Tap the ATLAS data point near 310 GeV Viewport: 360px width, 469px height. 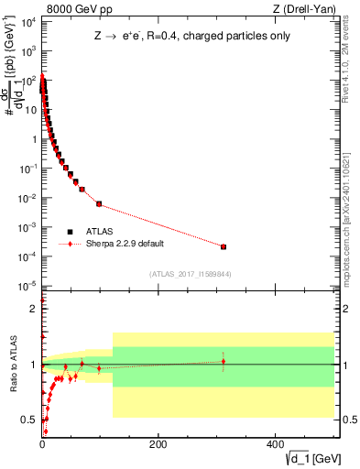(224, 246)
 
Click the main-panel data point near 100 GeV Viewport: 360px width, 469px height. (99, 203)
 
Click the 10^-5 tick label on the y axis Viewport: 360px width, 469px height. (29, 287)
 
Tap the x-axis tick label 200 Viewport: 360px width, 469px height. (158, 444)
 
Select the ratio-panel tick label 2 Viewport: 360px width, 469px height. (31, 309)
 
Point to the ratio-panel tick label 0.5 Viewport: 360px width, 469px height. (28, 420)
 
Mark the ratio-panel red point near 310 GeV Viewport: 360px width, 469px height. (224, 361)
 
